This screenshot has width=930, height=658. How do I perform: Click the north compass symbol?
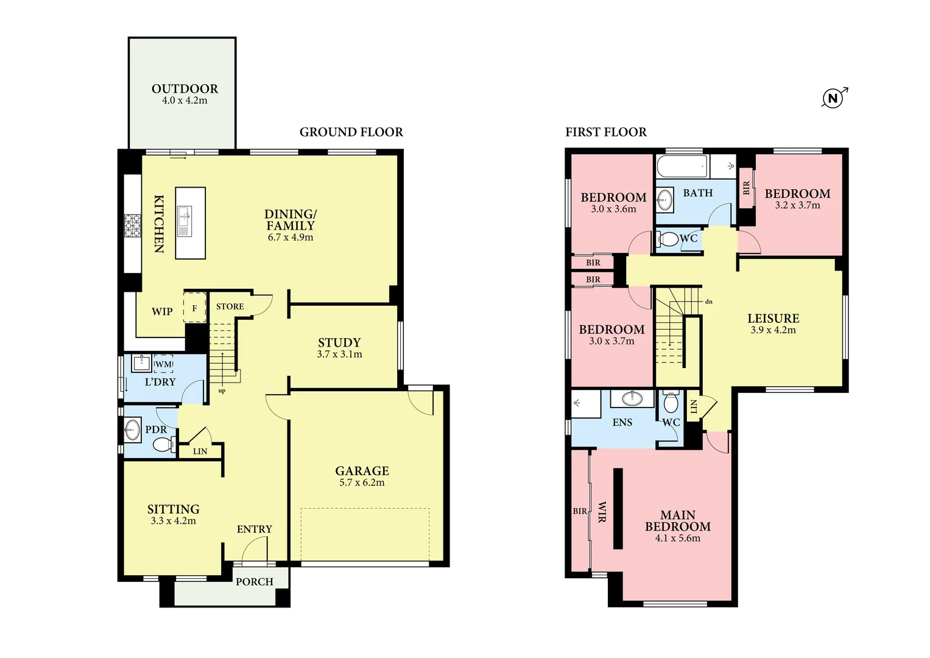[833, 98]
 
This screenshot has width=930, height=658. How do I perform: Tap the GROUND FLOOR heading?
[351, 132]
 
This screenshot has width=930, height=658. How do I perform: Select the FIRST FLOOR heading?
[605, 132]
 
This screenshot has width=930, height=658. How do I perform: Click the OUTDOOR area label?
[185, 89]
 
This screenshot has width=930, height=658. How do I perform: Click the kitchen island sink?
[184, 217]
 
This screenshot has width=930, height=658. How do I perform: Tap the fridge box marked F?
[195, 308]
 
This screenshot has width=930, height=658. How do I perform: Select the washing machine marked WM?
[163, 364]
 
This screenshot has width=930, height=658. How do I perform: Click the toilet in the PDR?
[163, 445]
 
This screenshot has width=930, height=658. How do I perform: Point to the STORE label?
[230, 306]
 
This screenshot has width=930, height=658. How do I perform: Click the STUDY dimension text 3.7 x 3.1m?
[339, 354]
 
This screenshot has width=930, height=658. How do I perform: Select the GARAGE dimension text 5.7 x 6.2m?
[362, 483]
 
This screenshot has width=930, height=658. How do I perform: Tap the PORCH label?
[254, 582]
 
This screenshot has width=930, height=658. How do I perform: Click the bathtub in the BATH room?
[682, 166]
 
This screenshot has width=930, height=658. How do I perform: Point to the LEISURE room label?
[773, 319]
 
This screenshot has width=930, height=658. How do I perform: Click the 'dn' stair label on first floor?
[708, 302]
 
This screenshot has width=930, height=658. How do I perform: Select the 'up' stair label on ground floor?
[222, 391]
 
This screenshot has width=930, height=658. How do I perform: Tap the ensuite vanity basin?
[632, 399]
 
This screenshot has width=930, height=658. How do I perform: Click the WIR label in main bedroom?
[602, 512]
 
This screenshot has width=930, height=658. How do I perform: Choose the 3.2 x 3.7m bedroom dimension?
[797, 205]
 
